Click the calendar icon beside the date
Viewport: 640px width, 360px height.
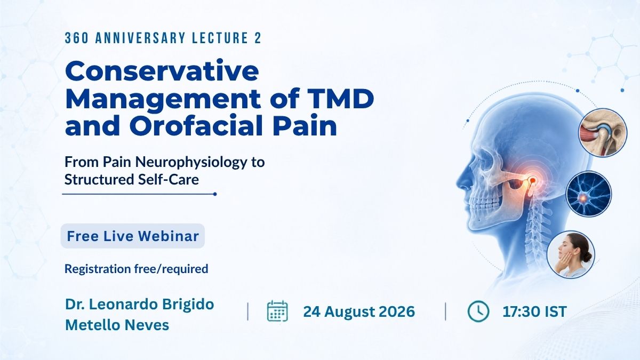(x=277, y=311)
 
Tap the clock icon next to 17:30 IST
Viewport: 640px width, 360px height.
(x=478, y=311)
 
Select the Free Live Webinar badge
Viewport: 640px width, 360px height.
(x=133, y=236)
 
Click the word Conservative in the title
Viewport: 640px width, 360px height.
(x=162, y=71)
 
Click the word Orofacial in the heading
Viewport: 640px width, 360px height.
(x=196, y=126)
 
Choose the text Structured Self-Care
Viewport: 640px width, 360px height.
(x=132, y=180)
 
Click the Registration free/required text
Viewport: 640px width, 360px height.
(x=137, y=269)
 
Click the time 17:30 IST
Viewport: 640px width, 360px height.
(x=534, y=311)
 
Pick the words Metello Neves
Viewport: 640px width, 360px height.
(x=117, y=325)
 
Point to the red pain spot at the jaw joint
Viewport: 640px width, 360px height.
(x=533, y=180)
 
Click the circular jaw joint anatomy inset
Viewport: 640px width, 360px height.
(x=603, y=133)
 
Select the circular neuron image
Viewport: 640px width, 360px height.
(x=589, y=194)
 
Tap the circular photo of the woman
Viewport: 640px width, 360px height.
(x=571, y=254)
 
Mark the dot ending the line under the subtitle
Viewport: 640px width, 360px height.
(x=215, y=194)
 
